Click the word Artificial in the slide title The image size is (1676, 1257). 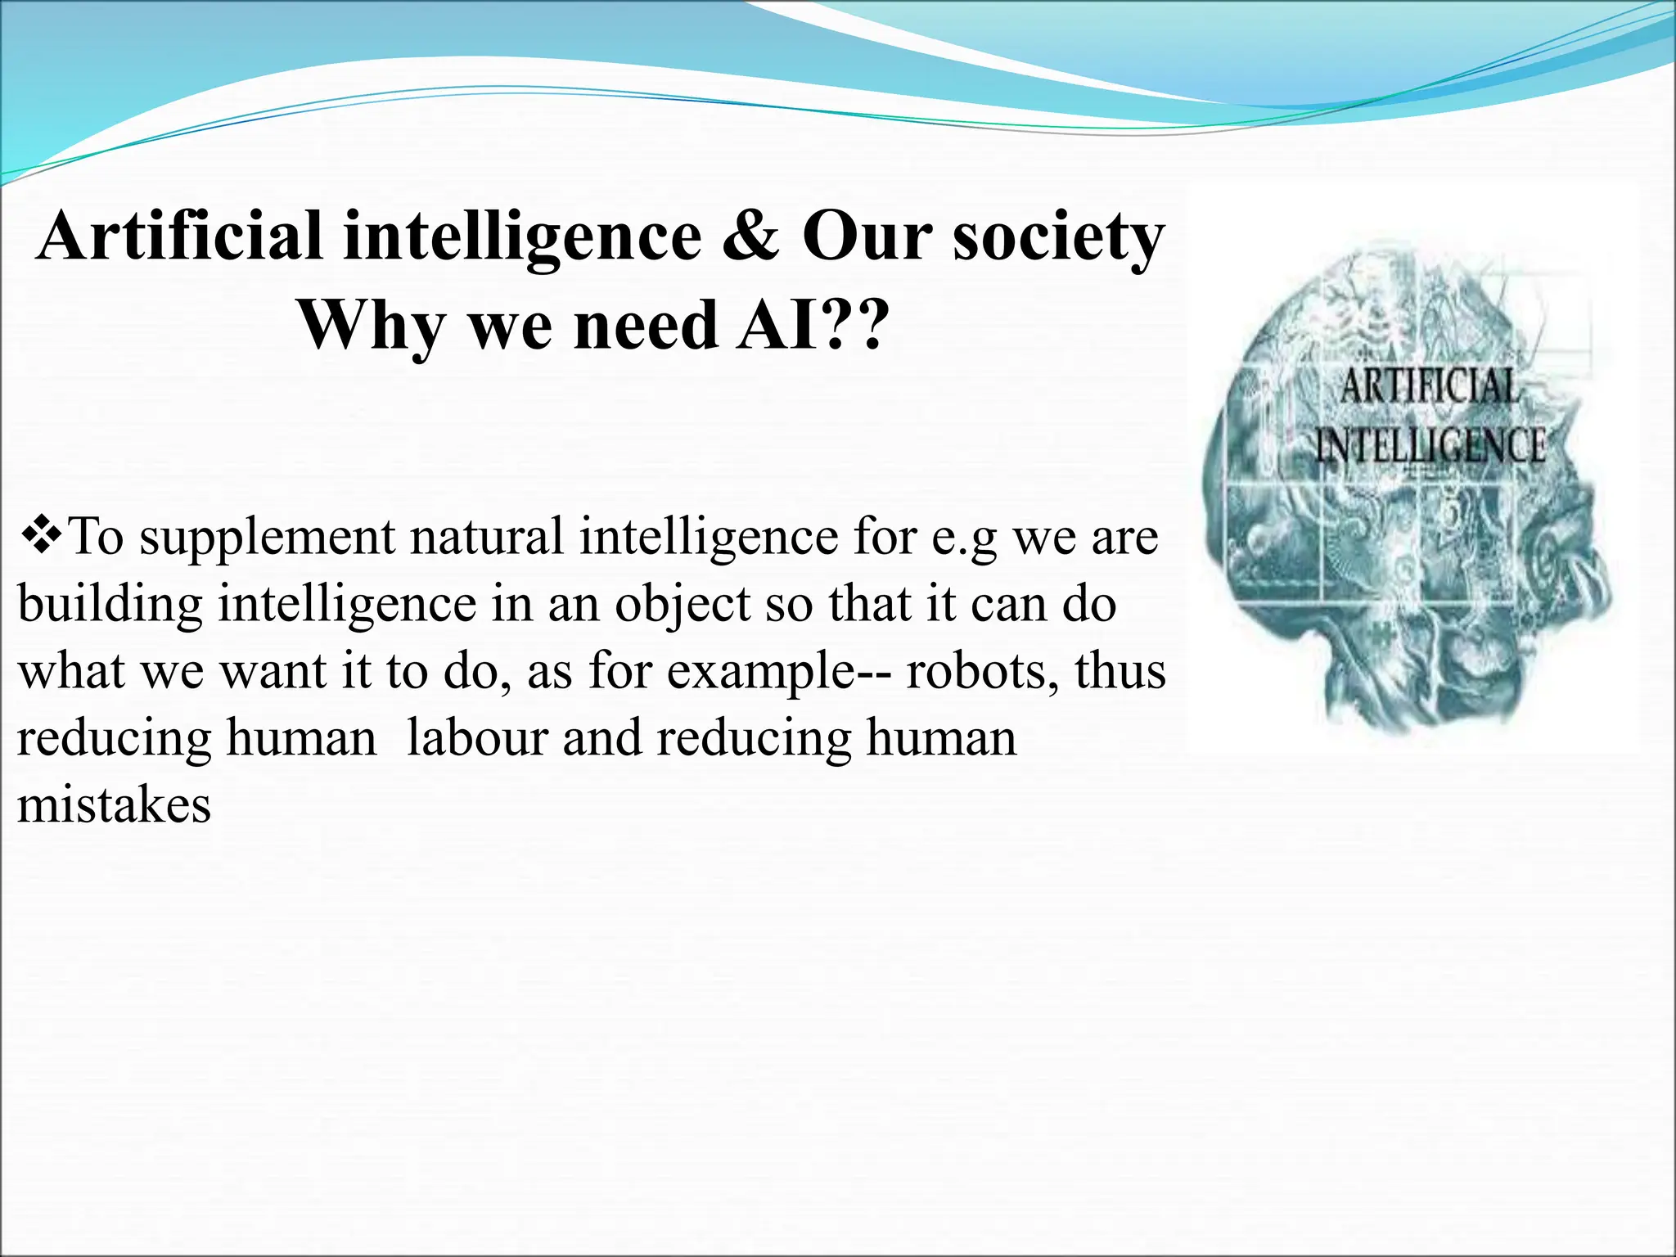click(x=180, y=237)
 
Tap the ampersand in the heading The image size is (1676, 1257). click(x=751, y=237)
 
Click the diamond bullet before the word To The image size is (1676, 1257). click(x=41, y=536)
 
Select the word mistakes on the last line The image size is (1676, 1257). click(x=114, y=804)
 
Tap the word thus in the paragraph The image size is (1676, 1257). click(x=1120, y=671)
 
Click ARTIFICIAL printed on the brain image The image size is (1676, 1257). click(x=1429, y=385)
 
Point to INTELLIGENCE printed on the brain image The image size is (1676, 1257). click(x=1430, y=447)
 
